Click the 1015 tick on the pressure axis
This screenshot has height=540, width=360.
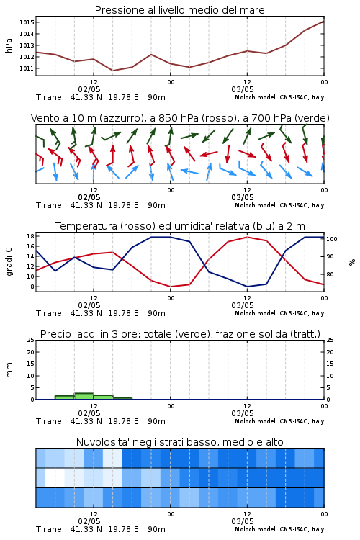click(x=27, y=22)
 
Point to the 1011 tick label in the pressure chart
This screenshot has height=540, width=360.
click(x=27, y=68)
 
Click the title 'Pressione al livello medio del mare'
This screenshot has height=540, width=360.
click(x=180, y=10)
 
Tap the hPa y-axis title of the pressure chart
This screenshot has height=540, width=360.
click(x=9, y=45)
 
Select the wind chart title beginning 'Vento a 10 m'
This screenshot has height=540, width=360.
click(x=180, y=118)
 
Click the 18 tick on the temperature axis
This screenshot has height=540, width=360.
click(x=30, y=236)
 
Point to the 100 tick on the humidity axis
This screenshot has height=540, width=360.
click(x=332, y=239)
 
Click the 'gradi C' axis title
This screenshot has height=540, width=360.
click(x=9, y=262)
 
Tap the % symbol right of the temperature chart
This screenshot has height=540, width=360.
click(x=352, y=262)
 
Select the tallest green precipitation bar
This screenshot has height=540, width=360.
click(x=84, y=396)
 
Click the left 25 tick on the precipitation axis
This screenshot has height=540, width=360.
click(x=30, y=340)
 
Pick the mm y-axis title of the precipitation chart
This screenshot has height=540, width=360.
click(x=9, y=370)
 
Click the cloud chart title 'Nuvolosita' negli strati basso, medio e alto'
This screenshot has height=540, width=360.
click(x=180, y=442)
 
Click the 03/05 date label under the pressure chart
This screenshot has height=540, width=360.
click(x=243, y=89)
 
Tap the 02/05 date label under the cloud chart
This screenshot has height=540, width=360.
click(x=89, y=521)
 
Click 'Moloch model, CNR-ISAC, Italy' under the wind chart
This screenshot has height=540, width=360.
click(x=279, y=205)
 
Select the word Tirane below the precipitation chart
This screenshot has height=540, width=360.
click(x=49, y=421)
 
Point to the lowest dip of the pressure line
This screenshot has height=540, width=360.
click(x=112, y=71)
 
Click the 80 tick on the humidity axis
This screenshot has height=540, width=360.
click(x=330, y=274)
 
